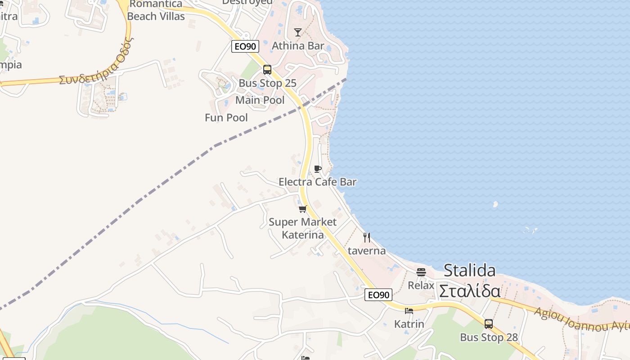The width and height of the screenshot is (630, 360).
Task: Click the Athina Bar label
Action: (x=298, y=45)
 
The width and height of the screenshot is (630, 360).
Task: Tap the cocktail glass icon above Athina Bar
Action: (x=298, y=32)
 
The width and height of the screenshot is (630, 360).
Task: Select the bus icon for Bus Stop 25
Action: (x=267, y=70)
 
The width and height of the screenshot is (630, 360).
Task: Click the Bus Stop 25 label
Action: (x=267, y=83)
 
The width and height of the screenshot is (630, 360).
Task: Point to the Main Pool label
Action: (x=260, y=100)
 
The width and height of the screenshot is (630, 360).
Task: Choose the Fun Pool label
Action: (x=226, y=117)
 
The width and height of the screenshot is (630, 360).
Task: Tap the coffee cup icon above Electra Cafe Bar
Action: (x=318, y=169)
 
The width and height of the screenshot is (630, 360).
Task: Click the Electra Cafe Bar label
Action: (x=318, y=182)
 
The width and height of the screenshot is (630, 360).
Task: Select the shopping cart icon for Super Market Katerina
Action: (x=303, y=209)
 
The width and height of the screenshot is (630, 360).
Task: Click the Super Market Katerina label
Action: (x=302, y=228)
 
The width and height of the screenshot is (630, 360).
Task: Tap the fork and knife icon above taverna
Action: (x=367, y=238)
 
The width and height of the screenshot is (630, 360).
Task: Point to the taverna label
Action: (x=367, y=251)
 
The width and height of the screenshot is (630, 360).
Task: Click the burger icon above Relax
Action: (x=421, y=272)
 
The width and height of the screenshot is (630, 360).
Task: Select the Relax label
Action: (x=421, y=285)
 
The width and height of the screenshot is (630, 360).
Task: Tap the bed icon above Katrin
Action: (x=409, y=311)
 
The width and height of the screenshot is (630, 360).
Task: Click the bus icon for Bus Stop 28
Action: (x=489, y=324)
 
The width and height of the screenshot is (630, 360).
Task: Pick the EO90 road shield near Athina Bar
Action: (x=245, y=46)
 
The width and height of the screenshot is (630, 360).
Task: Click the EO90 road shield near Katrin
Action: (x=378, y=295)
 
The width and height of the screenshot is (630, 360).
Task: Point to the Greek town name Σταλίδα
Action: (x=470, y=291)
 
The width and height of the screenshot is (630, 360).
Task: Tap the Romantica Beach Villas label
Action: (x=156, y=10)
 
